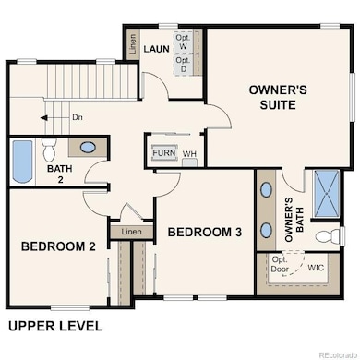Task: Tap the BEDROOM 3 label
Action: pyautogui.click(x=198, y=233)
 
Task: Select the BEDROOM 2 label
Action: pyautogui.click(x=59, y=246)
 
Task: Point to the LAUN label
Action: pyautogui.click(x=156, y=48)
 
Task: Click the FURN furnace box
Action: pyautogui.click(x=163, y=152)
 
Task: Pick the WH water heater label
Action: pyautogui.click(x=189, y=153)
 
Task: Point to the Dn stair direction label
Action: pyautogui.click(x=78, y=117)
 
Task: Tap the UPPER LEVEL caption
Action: pyautogui.click(x=55, y=326)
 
